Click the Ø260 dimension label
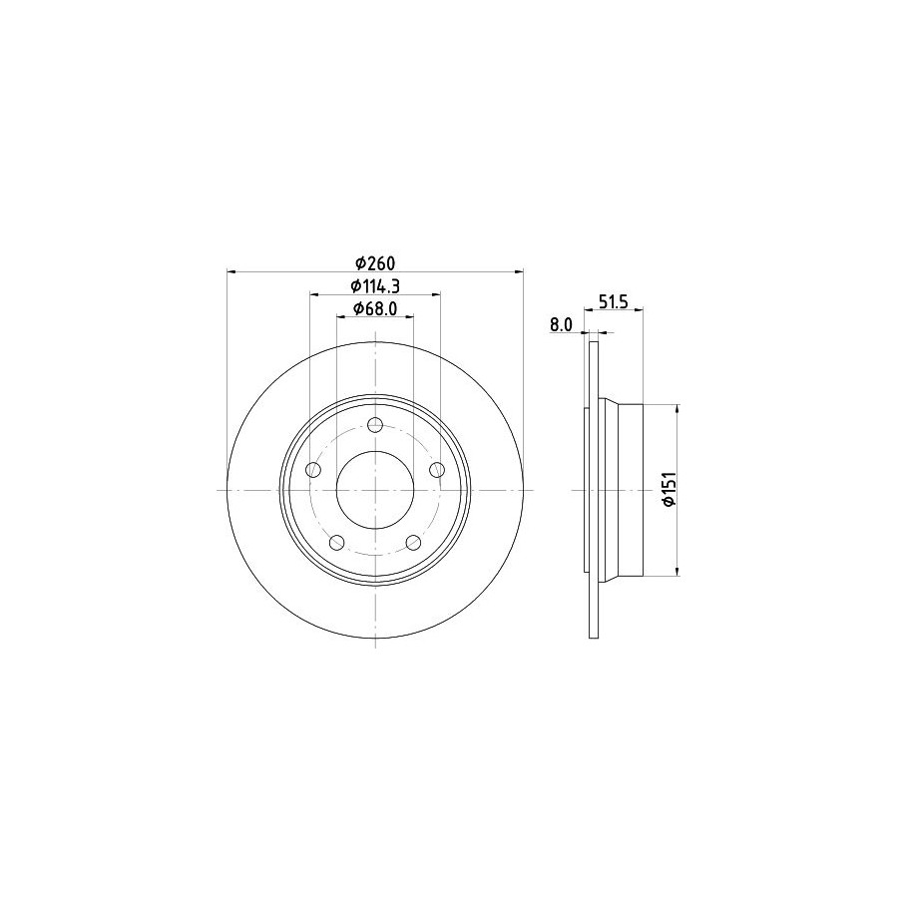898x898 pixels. pos(375,264)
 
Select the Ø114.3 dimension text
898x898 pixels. pos(375,285)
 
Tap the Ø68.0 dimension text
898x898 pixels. pos(375,308)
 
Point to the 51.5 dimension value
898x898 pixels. pos(614,301)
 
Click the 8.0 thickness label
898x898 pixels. pos(561,324)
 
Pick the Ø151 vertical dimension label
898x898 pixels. pos(671,489)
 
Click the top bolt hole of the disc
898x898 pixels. pos(375,425)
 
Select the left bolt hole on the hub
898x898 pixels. pos(313,470)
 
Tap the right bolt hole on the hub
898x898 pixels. pos(437,470)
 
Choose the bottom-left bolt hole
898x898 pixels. pos(337,542)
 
